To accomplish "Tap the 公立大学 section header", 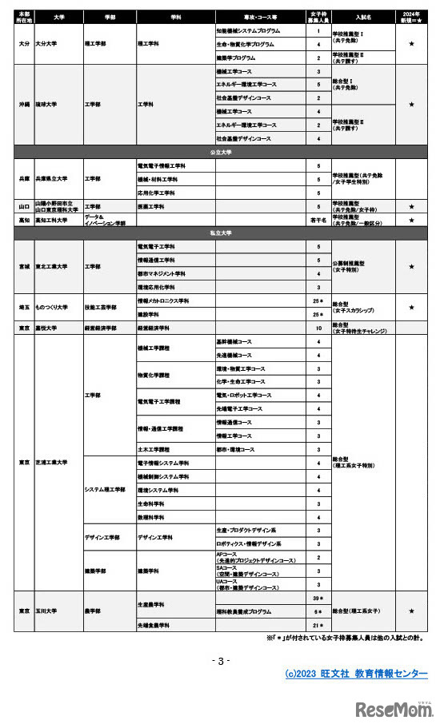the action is pos(221,150).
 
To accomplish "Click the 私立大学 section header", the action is pos(221,233).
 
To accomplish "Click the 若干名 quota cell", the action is pos(318,220).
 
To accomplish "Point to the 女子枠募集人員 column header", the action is pos(318,16).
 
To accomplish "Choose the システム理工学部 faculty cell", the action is pos(108,489).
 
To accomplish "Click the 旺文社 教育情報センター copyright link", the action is pos(356,674).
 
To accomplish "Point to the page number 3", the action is pos(221,660).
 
